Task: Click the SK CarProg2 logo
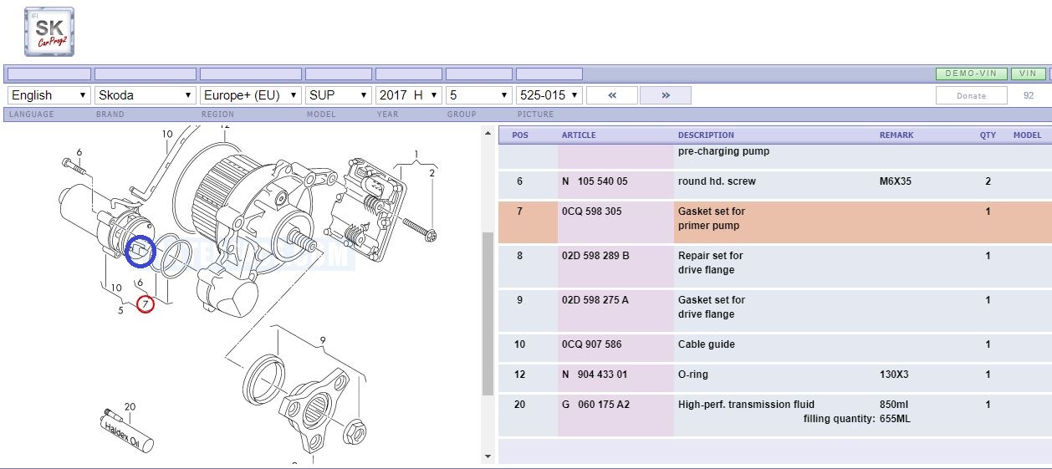(x=49, y=32)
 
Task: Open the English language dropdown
(x=49, y=95)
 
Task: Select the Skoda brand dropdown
(x=146, y=95)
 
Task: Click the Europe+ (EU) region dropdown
(x=251, y=95)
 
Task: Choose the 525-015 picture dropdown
(x=549, y=95)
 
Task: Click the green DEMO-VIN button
(x=971, y=74)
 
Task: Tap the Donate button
(x=971, y=95)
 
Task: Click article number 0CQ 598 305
(x=591, y=212)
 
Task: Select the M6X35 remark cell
(x=895, y=181)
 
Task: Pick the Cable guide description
(x=706, y=344)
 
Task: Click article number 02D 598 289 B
(x=595, y=255)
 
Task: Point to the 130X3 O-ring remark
(x=894, y=375)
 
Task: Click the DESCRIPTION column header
(x=706, y=135)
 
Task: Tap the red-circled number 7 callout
(x=146, y=304)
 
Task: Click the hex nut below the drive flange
(x=355, y=432)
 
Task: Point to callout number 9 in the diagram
(x=323, y=340)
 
